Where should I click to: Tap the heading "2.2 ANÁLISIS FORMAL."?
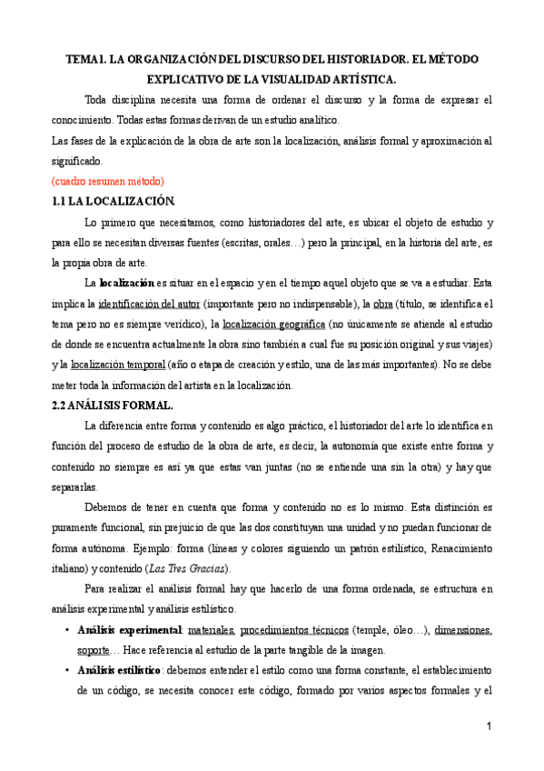point(118,405)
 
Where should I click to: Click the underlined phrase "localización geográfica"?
point(273,324)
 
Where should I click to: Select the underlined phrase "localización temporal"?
point(118,364)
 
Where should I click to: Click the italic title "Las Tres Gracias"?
point(187,568)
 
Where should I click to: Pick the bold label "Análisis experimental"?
point(130,630)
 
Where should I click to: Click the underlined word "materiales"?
point(213,630)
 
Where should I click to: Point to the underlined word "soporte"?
point(94,650)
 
